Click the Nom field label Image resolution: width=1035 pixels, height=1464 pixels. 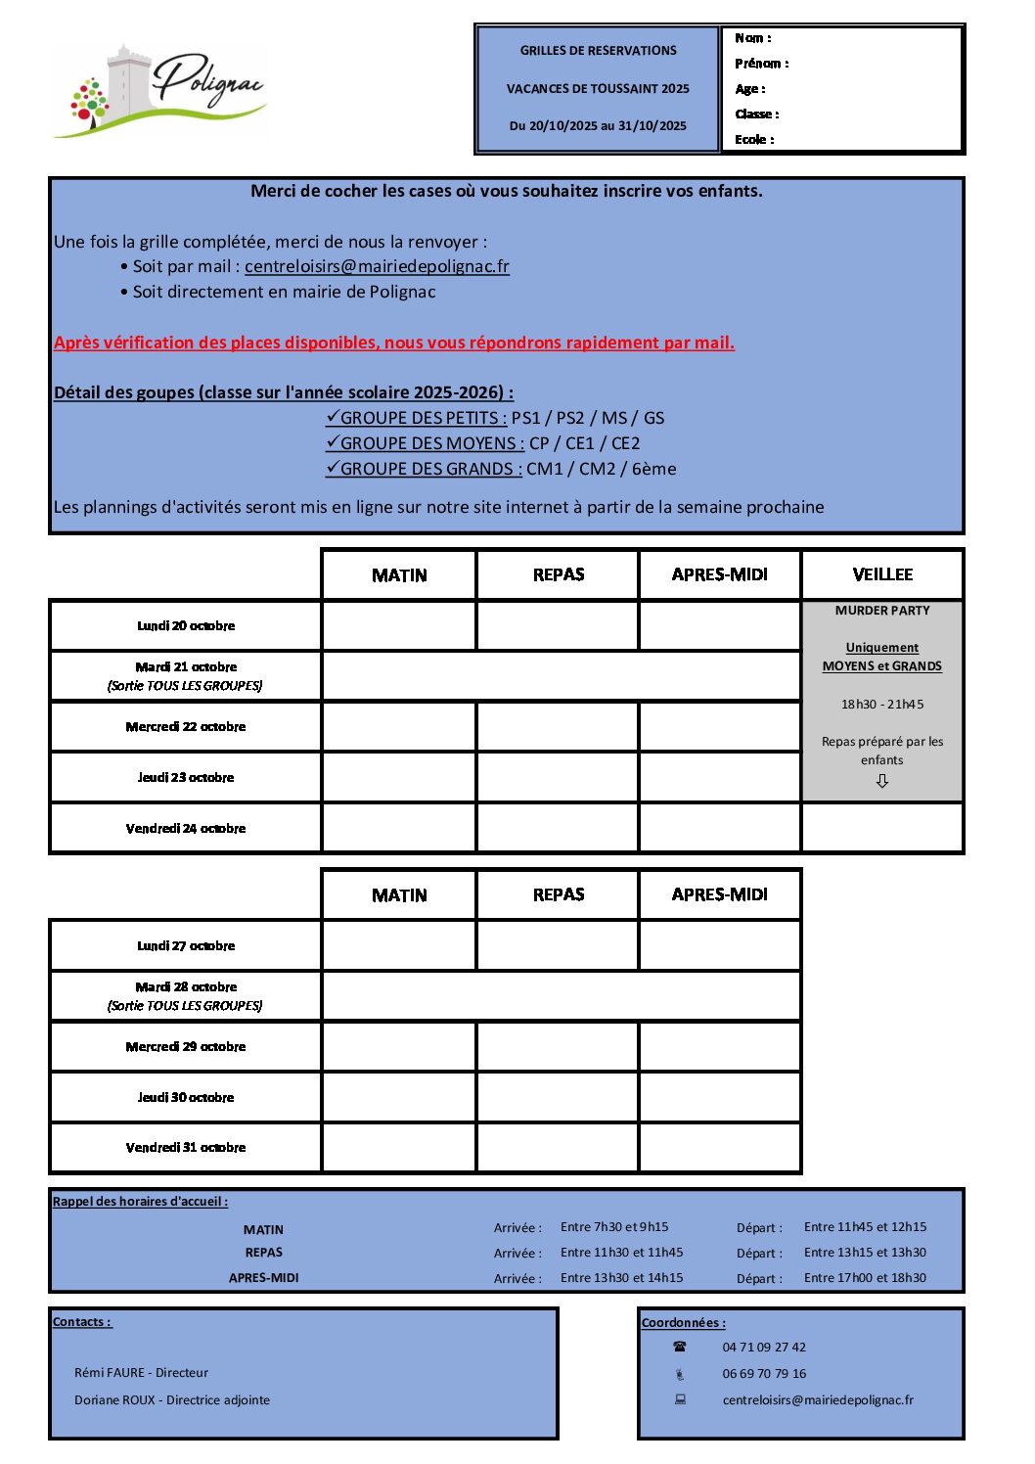pos(752,38)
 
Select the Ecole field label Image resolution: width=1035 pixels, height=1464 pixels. pos(754,140)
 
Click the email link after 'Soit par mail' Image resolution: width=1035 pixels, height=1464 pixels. pos(377,266)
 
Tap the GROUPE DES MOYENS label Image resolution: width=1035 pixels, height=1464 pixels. pos(431,443)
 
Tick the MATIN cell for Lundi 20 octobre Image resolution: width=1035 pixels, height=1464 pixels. pos(399,626)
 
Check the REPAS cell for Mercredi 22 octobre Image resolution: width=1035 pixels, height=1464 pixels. pos(558,727)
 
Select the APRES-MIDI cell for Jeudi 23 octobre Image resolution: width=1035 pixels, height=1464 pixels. pos(719,778)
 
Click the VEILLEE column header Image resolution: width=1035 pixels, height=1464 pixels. pos(882,574)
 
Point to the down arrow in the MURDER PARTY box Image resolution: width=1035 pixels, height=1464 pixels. pos(882,781)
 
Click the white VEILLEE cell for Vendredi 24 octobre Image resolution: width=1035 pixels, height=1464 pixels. pos(882,828)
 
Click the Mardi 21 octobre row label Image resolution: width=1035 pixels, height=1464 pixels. pos(186,675)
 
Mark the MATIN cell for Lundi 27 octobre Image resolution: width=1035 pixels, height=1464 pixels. pos(399,946)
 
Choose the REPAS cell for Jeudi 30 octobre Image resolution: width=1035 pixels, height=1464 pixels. pos(558,1097)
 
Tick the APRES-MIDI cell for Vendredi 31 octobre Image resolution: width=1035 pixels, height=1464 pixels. pos(719,1148)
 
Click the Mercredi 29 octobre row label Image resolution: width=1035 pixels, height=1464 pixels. pos(186,1047)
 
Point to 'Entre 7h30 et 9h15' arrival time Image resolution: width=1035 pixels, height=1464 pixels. pos(614,1227)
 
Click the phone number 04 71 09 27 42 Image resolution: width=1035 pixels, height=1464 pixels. pos(764,1348)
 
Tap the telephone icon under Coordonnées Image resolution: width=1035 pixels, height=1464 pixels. pos(680,1348)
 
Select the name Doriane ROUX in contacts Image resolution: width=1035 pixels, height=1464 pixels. pos(114,1400)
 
